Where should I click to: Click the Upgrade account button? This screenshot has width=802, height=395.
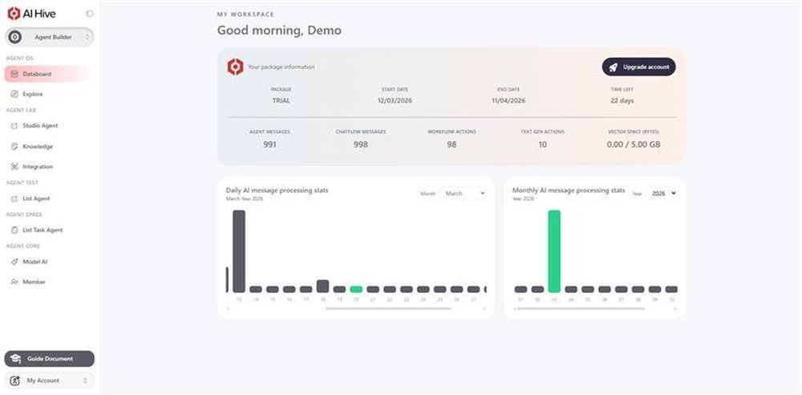coord(639,67)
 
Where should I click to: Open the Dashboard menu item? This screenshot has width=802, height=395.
coord(46,74)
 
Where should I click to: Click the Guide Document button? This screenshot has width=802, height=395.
coord(49,359)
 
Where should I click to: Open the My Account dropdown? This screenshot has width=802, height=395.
coord(49,381)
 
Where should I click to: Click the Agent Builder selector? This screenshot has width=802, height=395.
coord(50,37)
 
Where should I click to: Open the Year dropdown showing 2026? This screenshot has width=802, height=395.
coord(663,193)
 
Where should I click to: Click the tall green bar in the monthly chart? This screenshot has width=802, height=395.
coord(554,250)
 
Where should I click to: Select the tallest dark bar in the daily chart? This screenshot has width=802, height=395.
coord(238,250)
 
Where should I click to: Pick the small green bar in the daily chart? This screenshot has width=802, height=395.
coord(356,289)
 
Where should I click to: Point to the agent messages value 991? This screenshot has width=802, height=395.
coord(269,145)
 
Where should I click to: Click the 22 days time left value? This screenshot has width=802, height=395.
coord(622,100)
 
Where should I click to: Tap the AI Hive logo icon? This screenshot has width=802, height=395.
coord(14,13)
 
